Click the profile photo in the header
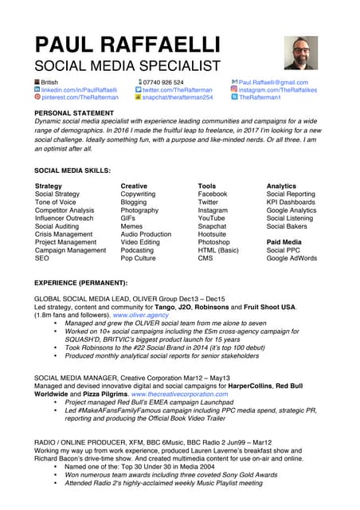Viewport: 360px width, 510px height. coord(301,53)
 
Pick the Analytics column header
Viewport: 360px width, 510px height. coord(280,186)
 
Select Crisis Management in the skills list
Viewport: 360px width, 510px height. coord(64,234)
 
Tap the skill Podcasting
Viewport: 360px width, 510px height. coord(138,250)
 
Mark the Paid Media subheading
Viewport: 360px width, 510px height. coord(284,242)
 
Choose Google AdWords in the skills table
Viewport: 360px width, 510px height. coord(292,258)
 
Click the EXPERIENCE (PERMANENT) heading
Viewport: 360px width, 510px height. coord(81,283)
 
